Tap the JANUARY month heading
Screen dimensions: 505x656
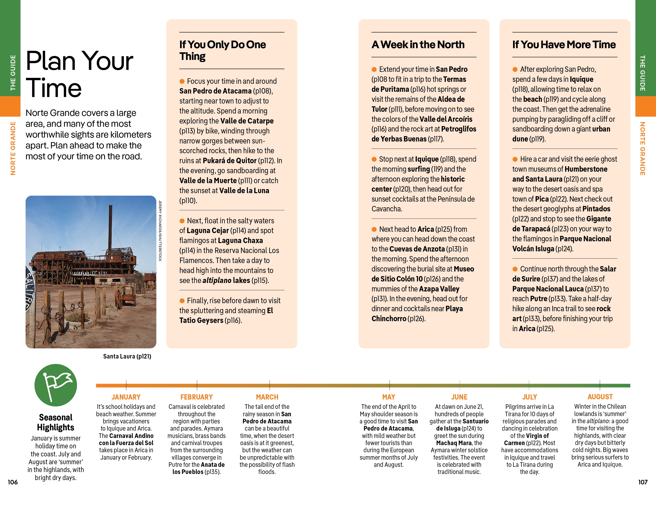pos(126,397)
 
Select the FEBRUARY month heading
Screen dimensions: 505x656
pos(197,397)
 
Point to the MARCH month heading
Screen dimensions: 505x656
pos(267,397)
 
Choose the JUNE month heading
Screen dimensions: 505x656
pos(459,397)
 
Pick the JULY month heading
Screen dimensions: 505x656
pos(529,397)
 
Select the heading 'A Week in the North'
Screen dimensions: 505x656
pos(418,44)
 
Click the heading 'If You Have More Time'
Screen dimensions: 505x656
pos(564,44)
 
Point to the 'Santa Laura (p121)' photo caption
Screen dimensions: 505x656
pos(127,356)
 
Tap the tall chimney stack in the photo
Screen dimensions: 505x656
pos(110,228)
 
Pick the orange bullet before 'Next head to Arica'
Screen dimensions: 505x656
pos(374,229)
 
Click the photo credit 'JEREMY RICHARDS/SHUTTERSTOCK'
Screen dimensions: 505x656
pos(160,231)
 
